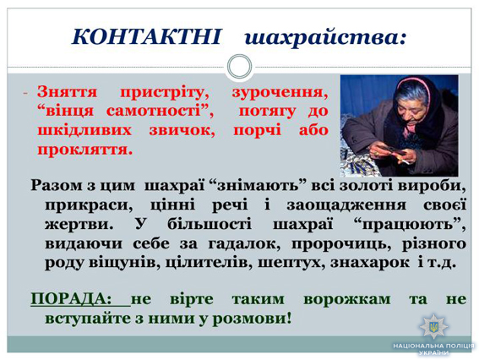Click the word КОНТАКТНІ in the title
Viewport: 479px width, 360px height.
[146, 36]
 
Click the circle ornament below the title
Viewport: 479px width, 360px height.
[240, 66]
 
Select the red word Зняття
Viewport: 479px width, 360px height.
[68, 91]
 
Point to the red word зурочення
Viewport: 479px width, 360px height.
[280, 93]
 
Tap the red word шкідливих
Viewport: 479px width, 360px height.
[84, 130]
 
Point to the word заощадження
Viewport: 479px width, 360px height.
[346, 205]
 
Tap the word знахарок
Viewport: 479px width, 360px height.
[370, 263]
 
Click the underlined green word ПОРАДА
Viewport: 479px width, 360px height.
[68, 299]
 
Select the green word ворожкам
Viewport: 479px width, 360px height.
[347, 299]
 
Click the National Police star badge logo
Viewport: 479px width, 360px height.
[433, 326]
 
